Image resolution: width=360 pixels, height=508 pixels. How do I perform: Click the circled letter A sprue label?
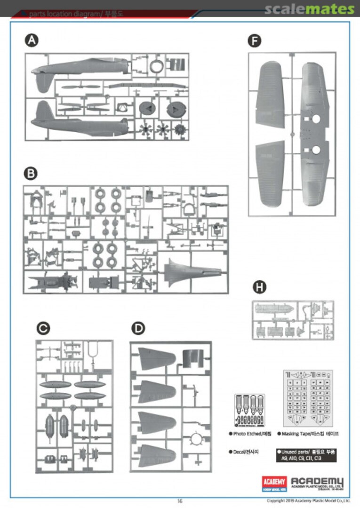[x=32, y=41]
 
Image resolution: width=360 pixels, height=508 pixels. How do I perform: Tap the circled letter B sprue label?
[x=31, y=174]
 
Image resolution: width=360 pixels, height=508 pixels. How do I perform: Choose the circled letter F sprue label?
[x=254, y=41]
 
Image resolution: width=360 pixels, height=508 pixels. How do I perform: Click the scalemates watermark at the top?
[x=309, y=9]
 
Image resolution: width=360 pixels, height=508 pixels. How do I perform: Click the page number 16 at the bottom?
[x=180, y=501]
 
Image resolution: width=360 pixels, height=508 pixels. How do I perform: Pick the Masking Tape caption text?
[x=308, y=433]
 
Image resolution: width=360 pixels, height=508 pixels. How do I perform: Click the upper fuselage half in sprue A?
[x=80, y=69]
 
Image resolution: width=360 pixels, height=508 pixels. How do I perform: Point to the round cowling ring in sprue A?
[x=156, y=66]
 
